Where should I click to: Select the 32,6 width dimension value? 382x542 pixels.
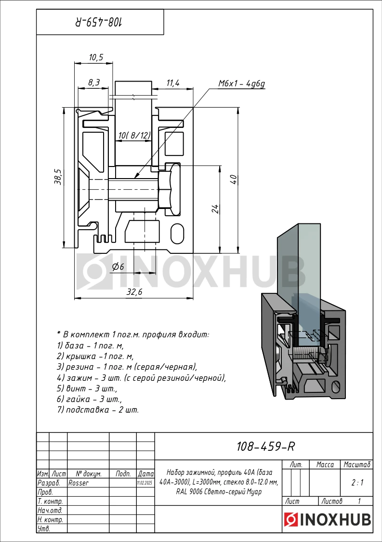pos(134,292)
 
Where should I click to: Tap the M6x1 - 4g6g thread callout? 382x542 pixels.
pos(241,83)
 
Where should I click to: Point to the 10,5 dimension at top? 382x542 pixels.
pos(96,57)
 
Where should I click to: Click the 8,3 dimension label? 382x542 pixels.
pos(94,82)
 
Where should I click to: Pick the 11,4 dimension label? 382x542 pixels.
pos(173,83)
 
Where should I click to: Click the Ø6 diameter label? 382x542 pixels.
pos(118,266)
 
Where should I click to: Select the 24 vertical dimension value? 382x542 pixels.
pos(215,209)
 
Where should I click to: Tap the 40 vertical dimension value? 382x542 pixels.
pos(234,180)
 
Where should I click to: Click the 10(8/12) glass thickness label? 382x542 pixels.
pos(134,136)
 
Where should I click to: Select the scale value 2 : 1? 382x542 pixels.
pos(357,483)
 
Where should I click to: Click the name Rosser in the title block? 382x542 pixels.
pos(79,483)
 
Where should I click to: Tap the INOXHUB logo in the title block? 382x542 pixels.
pos(328,519)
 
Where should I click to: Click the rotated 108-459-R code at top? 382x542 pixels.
pos(99,23)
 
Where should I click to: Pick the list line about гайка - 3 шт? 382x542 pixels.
pos(90,399)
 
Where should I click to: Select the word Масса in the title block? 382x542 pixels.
pos(325,465)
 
